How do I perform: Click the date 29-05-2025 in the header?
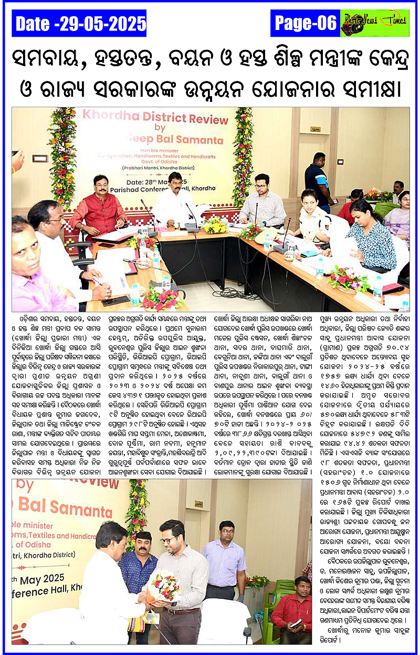(x=80, y=24)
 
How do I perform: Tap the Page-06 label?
(x=306, y=23)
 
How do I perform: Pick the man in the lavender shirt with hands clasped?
(x=224, y=562)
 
